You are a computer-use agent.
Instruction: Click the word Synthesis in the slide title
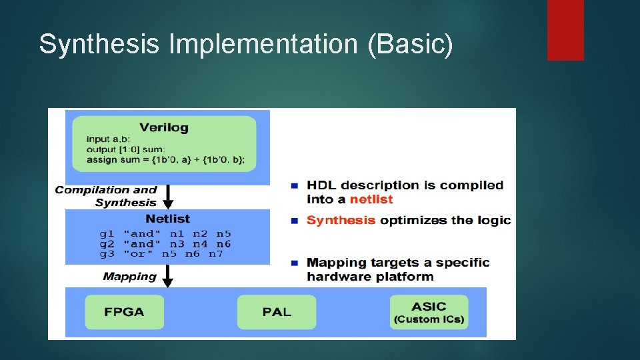(99, 45)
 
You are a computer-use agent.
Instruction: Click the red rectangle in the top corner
(565, 29)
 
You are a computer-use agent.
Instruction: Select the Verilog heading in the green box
(164, 127)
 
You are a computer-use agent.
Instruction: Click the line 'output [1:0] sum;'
(125, 149)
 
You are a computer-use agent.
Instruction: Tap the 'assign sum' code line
(165, 159)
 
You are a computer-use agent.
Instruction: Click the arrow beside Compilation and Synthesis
(168, 196)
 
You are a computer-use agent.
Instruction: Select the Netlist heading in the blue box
(167, 219)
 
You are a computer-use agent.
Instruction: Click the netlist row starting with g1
(165, 234)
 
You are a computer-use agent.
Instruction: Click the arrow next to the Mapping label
(168, 275)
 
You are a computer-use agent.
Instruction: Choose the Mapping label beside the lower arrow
(130, 276)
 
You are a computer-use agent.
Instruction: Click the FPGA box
(124, 312)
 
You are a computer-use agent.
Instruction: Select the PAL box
(277, 312)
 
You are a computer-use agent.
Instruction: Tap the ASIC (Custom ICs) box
(429, 312)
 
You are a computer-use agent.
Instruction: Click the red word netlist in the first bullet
(371, 199)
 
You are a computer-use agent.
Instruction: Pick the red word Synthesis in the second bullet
(341, 221)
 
